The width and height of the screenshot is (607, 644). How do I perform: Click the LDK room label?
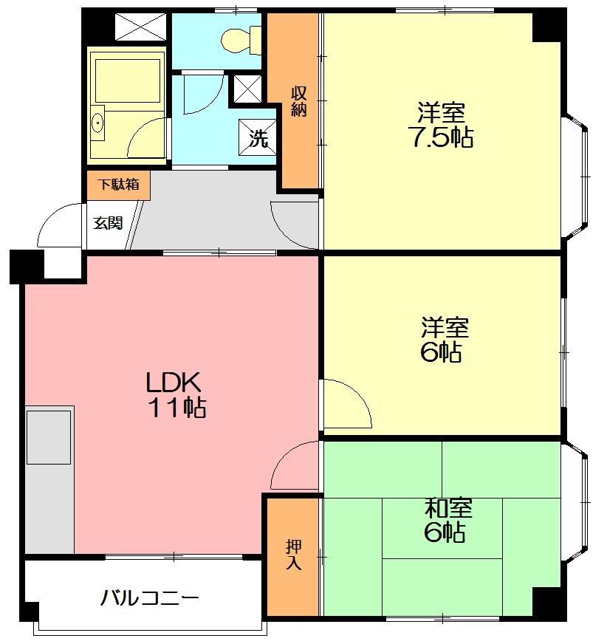click(174, 382)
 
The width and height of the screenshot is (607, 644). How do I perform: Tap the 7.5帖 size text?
click(440, 137)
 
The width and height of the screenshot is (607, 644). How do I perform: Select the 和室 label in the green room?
click(448, 508)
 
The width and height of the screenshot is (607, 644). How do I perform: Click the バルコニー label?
click(149, 598)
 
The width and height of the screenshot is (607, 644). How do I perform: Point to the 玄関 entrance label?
click(108, 223)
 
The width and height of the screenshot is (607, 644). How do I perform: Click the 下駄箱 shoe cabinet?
click(118, 185)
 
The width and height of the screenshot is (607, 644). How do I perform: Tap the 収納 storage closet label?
click(299, 101)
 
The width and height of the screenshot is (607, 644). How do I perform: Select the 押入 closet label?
click(294, 555)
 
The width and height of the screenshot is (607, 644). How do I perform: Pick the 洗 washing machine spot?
click(258, 137)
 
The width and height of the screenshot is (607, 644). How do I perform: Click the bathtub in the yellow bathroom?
click(127, 80)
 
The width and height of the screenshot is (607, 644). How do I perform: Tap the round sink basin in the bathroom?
click(97, 123)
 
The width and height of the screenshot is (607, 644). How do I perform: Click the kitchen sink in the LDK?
click(49, 437)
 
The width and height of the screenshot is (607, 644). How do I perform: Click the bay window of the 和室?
click(576, 502)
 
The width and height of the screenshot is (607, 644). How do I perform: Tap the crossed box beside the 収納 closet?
click(247, 89)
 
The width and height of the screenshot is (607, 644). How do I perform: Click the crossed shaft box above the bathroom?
click(140, 27)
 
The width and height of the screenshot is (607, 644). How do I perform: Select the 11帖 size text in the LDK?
click(177, 407)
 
